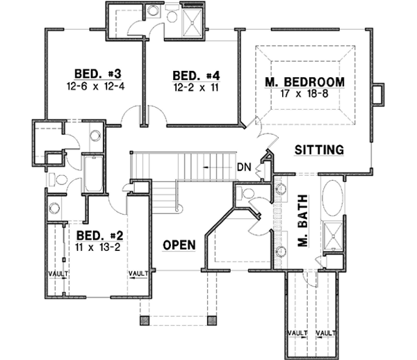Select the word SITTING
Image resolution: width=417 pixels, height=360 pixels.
319,149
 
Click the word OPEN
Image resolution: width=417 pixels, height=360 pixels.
179,245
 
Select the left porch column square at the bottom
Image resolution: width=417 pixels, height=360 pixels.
145,320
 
